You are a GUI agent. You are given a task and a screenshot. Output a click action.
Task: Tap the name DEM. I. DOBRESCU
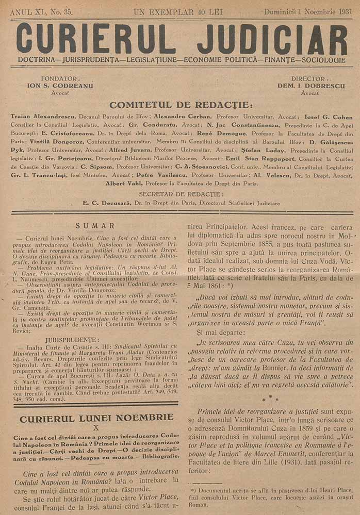(310, 86)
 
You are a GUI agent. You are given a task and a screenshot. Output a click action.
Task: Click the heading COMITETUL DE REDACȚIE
(180, 105)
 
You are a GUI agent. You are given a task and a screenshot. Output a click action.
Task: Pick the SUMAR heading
(95, 225)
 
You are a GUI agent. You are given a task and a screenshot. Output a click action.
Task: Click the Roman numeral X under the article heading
(95, 427)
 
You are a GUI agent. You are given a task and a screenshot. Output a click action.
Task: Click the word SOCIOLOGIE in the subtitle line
(323, 60)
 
